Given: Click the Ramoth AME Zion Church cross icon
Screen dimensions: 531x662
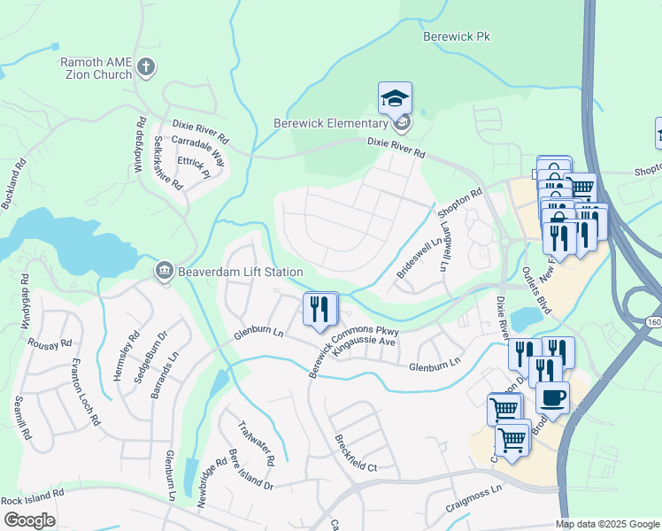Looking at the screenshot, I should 146,67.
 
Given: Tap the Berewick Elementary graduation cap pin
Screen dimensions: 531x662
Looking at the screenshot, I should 395,98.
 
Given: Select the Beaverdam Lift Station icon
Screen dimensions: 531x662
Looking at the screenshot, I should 164,271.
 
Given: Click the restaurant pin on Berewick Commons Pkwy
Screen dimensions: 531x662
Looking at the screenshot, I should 320,309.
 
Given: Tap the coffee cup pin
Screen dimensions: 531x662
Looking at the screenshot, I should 552,397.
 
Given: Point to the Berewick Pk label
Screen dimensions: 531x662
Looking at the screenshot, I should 456,37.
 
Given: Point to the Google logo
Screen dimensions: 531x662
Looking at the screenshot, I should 29,520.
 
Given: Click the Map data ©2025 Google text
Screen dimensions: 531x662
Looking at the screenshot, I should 606,524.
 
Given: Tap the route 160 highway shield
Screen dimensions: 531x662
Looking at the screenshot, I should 653,321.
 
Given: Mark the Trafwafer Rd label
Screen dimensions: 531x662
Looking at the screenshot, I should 257,442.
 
